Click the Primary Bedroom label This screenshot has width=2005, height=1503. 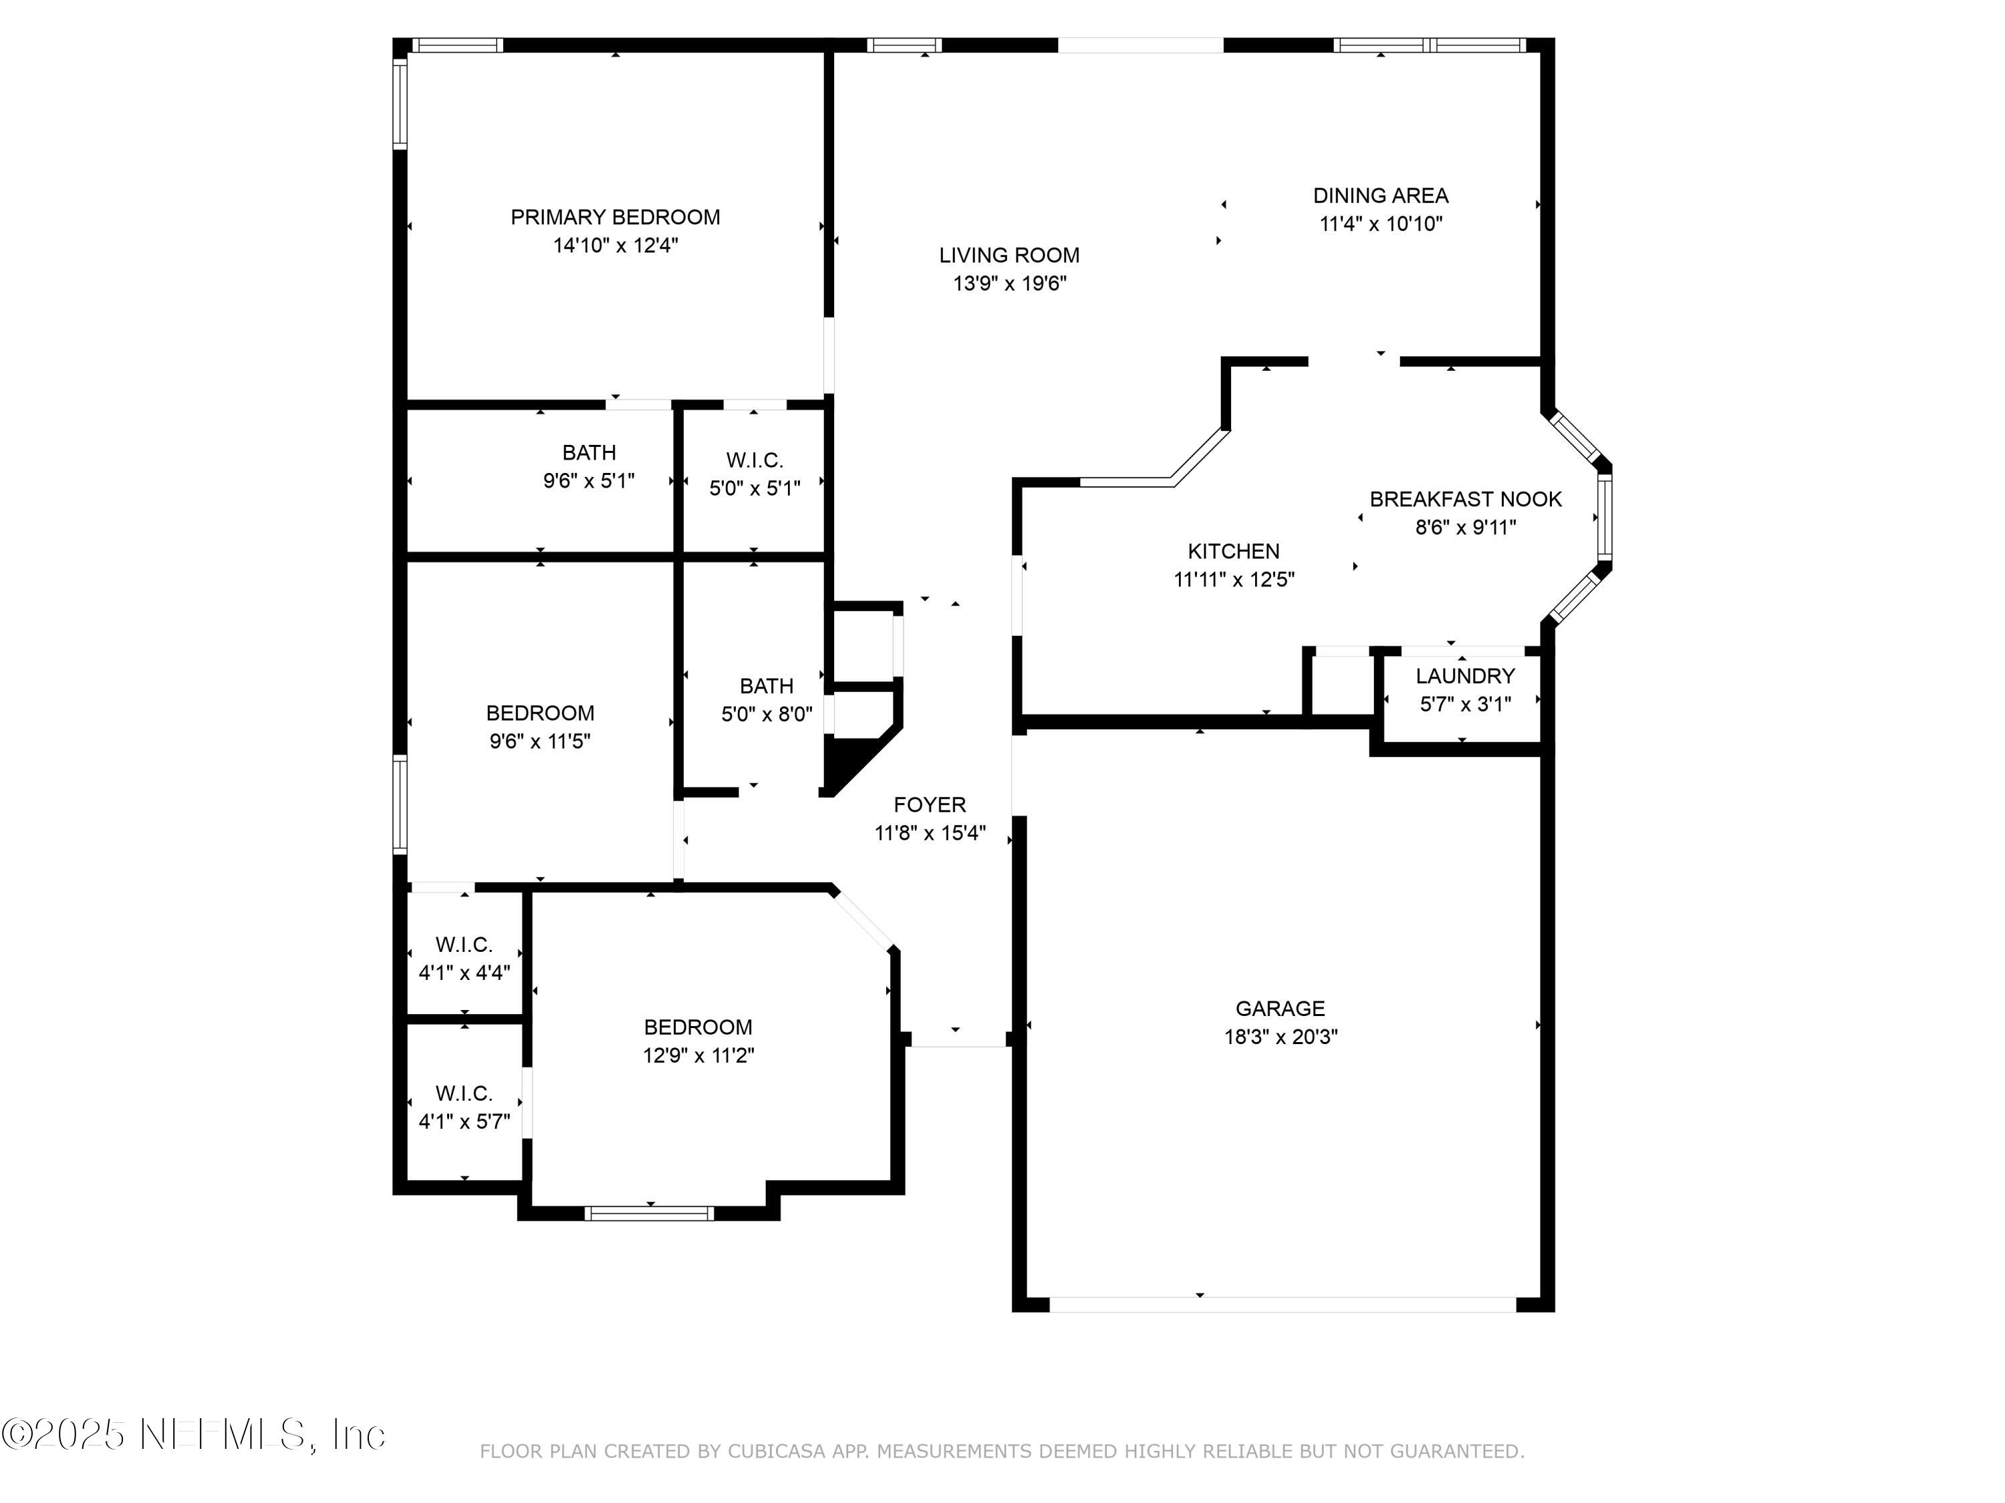pyautogui.click(x=616, y=217)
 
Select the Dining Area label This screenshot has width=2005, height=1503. pyautogui.click(x=1381, y=196)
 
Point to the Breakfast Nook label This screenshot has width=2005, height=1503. pyautogui.click(x=1466, y=499)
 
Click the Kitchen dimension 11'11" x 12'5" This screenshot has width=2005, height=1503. pyautogui.click(x=1234, y=580)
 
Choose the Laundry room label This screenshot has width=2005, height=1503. pyautogui.click(x=1466, y=676)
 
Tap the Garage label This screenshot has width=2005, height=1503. pyautogui.click(x=1280, y=1008)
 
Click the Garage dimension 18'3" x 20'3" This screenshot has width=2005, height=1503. pyautogui.click(x=1281, y=1037)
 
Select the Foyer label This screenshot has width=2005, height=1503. pyautogui.click(x=930, y=804)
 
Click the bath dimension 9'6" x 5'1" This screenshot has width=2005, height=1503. pyautogui.click(x=589, y=481)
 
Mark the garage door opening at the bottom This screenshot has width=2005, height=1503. pyautogui.click(x=1283, y=1305)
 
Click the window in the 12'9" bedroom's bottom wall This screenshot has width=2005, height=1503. pyautogui.click(x=649, y=1214)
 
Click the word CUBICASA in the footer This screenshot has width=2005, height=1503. pyautogui.click(x=776, y=1452)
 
